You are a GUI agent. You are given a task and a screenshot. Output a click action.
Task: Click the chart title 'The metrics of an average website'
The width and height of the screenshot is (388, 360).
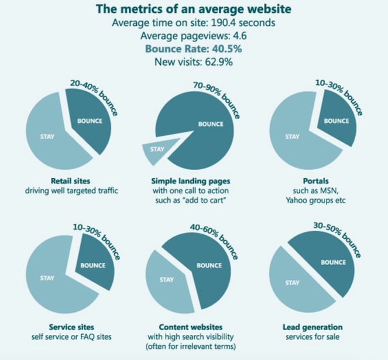193,10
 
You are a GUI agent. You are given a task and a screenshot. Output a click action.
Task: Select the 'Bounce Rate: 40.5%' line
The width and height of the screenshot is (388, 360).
193,49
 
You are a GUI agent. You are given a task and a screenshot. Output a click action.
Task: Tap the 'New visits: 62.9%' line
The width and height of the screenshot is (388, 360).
193,62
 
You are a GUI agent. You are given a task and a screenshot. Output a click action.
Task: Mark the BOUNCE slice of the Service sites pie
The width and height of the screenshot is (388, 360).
94,265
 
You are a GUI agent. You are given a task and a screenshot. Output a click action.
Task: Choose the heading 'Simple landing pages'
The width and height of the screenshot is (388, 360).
193,181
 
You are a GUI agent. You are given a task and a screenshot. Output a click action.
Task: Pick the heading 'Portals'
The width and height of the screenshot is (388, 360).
320,181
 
